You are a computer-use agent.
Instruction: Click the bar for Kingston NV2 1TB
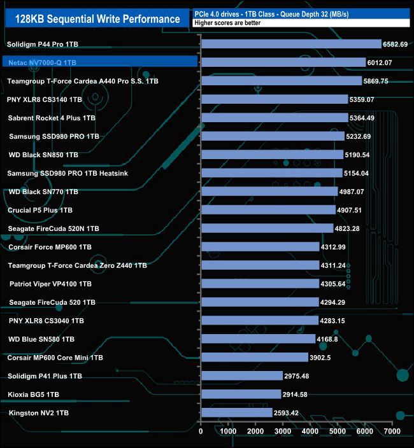(x=237, y=413)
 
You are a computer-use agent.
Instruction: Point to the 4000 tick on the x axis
(x=310, y=431)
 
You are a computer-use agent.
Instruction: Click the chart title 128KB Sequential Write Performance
(x=92, y=18)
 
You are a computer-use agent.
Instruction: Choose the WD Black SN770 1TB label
(x=43, y=192)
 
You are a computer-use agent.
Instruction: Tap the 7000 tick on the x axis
(x=392, y=431)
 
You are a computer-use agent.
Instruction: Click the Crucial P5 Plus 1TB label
(x=40, y=210)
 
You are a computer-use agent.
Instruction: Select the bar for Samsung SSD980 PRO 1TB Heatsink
(x=272, y=173)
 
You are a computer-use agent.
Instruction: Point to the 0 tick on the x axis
(x=201, y=431)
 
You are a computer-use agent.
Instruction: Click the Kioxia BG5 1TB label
(x=34, y=395)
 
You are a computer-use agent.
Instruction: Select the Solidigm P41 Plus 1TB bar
(x=242, y=376)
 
